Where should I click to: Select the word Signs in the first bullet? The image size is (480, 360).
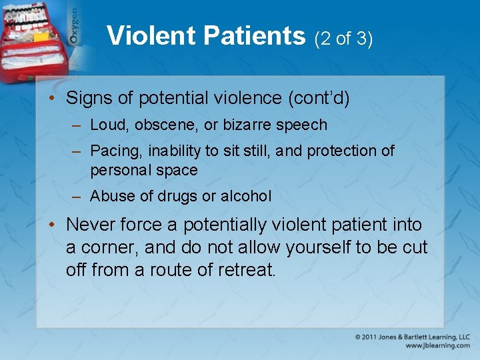coord(87,99)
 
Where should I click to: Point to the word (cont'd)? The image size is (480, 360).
coord(318,99)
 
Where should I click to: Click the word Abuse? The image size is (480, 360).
coord(110,197)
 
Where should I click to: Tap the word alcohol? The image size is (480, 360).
coord(246,197)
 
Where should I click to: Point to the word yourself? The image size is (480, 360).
coord(318,247)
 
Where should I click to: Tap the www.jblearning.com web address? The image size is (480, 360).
coord(437,346)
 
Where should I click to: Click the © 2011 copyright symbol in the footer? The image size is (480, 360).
coord(359,337)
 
